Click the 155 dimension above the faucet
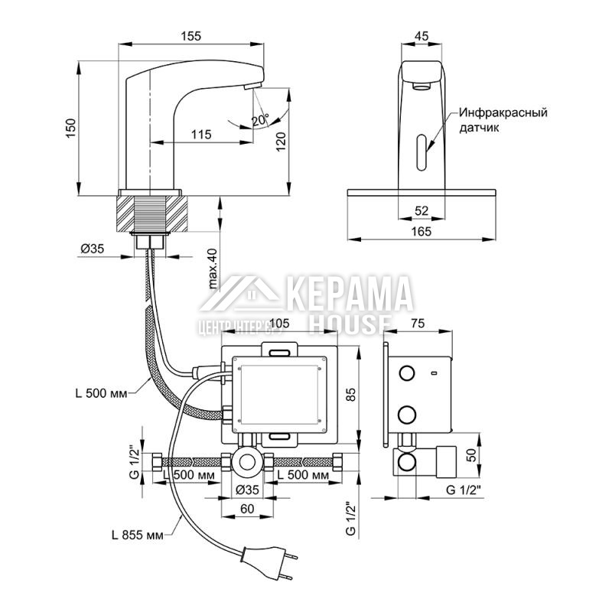(192, 34)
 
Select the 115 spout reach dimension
(200, 134)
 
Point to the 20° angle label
(259, 120)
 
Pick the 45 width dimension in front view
(421, 34)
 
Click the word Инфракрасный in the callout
(503, 112)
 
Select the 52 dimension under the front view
(421, 210)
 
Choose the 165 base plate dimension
(421, 231)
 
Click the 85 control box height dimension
(350, 396)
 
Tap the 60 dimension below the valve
(246, 507)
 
